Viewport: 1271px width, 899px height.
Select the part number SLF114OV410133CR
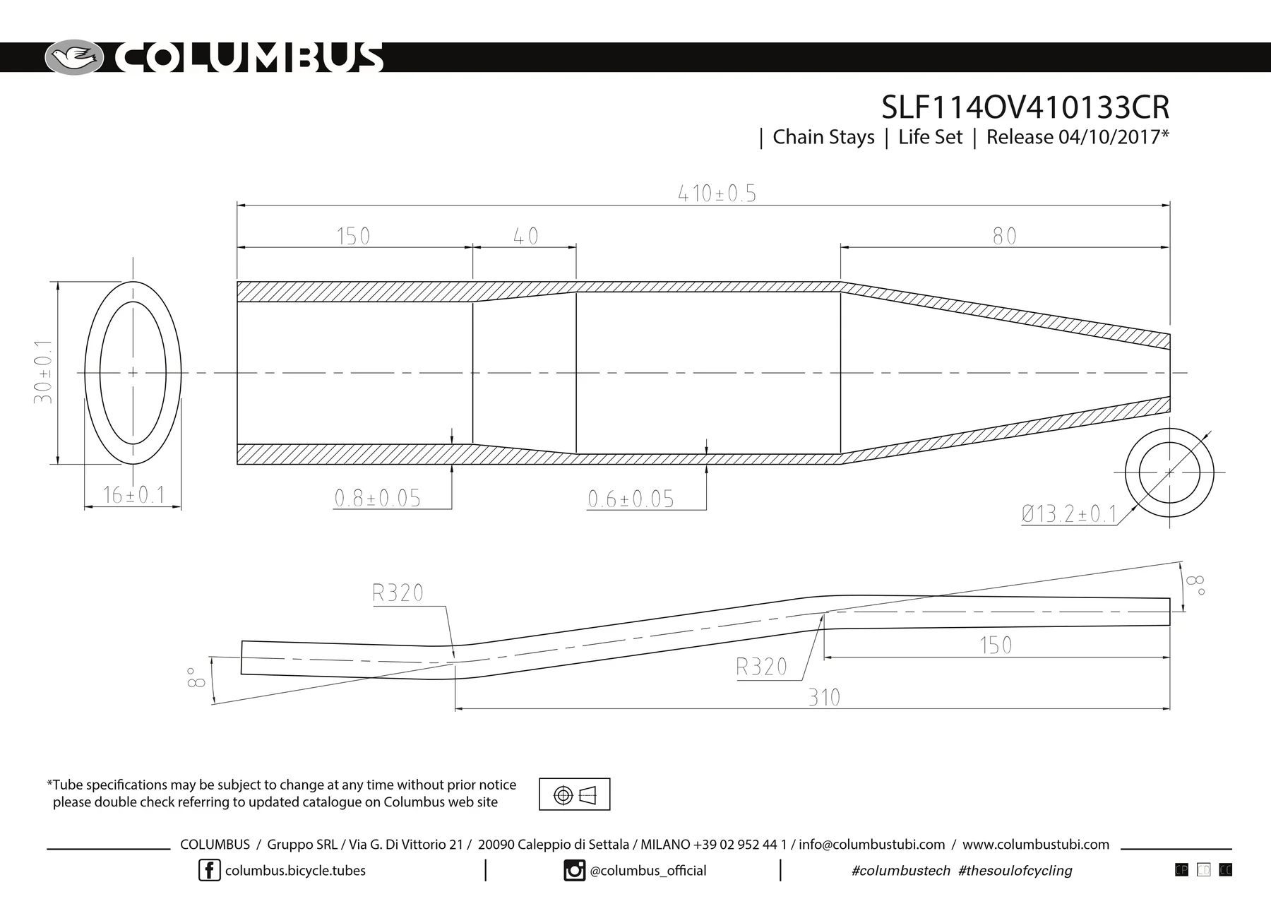pyautogui.click(x=1025, y=107)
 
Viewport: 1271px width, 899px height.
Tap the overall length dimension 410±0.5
pyautogui.click(x=717, y=194)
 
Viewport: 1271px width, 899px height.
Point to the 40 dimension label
pyautogui.click(x=525, y=236)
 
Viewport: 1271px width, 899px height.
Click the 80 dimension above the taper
pyautogui.click(x=1004, y=236)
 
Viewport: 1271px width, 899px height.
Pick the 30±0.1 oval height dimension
pyautogui.click(x=43, y=372)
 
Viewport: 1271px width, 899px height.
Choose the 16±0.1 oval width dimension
pyautogui.click(x=133, y=495)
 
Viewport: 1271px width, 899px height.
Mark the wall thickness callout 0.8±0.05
pyautogui.click(x=377, y=499)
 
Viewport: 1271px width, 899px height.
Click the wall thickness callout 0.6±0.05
pyautogui.click(x=631, y=499)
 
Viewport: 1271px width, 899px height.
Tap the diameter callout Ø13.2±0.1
pyautogui.click(x=1069, y=513)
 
